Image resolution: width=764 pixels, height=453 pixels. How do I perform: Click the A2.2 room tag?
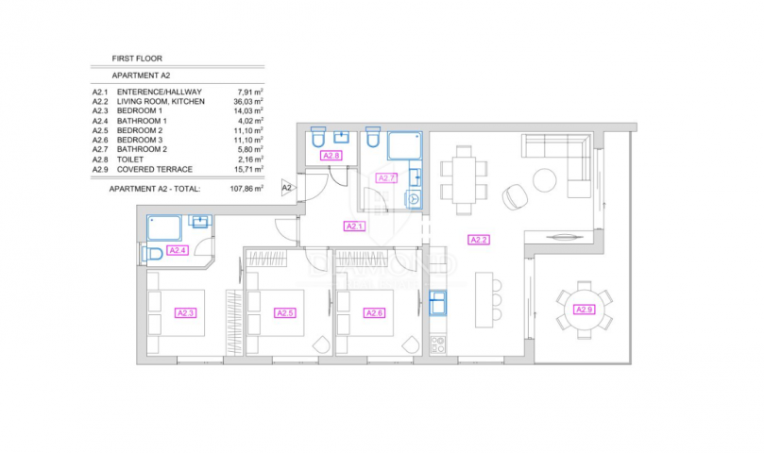click(x=479, y=240)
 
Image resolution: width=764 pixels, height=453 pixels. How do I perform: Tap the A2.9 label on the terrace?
click(x=585, y=310)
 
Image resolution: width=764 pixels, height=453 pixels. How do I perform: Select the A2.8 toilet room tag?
click(x=331, y=156)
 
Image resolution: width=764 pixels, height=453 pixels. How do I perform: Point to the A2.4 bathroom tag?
click(x=177, y=250)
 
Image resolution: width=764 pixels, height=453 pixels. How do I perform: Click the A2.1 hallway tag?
click(x=354, y=226)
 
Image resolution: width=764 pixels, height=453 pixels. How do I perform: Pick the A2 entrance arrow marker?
click(x=288, y=188)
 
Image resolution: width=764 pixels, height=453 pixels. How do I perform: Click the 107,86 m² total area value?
click(x=246, y=189)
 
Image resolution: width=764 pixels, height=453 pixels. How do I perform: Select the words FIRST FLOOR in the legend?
click(x=137, y=59)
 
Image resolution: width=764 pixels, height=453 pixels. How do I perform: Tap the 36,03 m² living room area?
click(x=248, y=101)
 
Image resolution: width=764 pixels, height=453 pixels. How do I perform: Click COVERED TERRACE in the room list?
click(x=155, y=170)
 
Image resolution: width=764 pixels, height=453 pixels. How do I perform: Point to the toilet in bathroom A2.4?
click(x=152, y=254)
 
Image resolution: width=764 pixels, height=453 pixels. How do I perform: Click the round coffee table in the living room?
click(x=545, y=180)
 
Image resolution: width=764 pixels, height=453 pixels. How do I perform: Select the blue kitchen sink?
click(x=437, y=303)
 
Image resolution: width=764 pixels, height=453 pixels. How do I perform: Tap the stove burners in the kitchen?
click(x=437, y=344)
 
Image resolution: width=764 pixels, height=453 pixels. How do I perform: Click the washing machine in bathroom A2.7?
click(x=414, y=199)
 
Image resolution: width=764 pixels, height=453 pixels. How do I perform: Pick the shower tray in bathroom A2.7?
click(x=404, y=145)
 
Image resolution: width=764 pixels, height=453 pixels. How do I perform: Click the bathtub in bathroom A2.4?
click(x=164, y=228)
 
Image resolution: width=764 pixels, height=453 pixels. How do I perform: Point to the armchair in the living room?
click(x=515, y=197)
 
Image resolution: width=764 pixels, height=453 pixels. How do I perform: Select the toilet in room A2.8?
click(x=317, y=138)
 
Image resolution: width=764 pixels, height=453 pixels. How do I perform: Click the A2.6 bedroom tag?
click(x=374, y=313)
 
